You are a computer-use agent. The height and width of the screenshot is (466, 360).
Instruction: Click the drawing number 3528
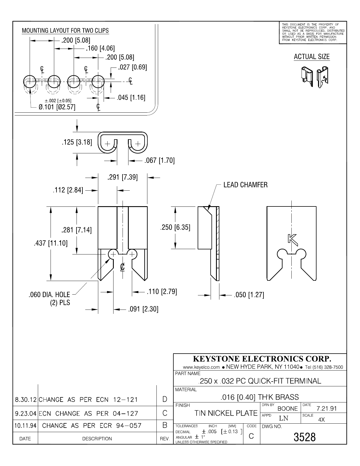(304, 437)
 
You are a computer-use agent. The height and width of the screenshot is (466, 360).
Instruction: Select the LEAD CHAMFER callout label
(245, 185)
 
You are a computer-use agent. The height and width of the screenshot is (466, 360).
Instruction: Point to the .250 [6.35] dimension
(175, 227)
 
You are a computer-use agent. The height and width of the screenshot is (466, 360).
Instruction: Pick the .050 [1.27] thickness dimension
(249, 295)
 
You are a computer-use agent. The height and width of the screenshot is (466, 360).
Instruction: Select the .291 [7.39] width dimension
(123, 177)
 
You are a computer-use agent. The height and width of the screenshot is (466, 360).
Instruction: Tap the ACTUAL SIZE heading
(312, 57)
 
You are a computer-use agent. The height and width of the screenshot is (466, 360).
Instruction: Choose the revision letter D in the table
(165, 399)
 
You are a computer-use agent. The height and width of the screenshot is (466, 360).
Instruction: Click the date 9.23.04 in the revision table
(26, 413)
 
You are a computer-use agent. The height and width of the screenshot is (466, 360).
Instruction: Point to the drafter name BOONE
(288, 409)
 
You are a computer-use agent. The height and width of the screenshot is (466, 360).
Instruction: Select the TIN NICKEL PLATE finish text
(226, 413)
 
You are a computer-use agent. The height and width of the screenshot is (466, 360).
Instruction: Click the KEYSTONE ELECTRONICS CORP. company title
(262, 359)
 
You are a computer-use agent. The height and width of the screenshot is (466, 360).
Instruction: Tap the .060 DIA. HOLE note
(49, 295)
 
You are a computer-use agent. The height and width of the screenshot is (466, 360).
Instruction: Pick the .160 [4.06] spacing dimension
(100, 48)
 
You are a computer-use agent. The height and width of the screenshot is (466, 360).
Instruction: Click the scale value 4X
(321, 420)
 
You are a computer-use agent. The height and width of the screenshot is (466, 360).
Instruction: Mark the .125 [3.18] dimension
(77, 142)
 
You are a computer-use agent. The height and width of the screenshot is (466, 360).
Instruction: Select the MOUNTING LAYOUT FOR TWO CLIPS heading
(65, 31)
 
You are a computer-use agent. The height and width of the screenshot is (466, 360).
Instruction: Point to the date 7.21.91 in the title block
(327, 409)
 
